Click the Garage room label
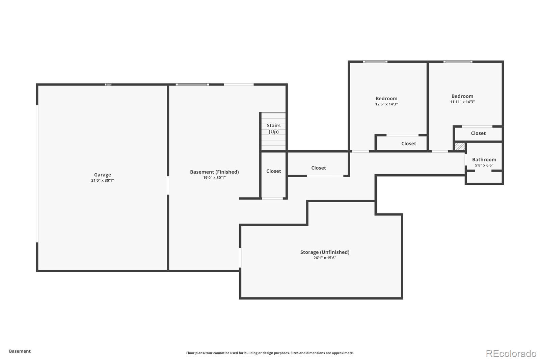click(102, 175)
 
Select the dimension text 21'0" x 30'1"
click(102, 180)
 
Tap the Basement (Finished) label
click(214, 172)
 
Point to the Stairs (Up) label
click(273, 128)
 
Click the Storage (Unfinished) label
click(325, 252)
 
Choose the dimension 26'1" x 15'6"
click(325, 258)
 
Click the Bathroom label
click(484, 159)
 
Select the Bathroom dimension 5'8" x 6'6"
click(484, 165)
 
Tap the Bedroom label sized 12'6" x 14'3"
click(386, 99)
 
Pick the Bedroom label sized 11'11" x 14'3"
click(462, 96)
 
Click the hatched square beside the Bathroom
click(459, 147)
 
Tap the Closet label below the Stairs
click(273, 171)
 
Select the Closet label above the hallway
click(318, 168)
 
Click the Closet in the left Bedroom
click(408, 144)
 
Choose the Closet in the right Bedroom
click(478, 133)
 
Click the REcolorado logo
click(511, 353)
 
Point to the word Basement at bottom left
click(20, 351)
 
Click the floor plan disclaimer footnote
click(270, 353)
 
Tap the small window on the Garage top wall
click(108, 84)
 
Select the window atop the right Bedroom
click(458, 62)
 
